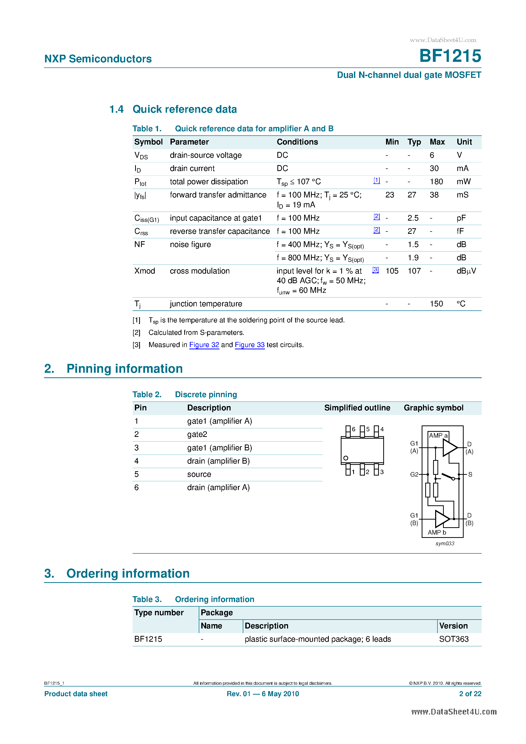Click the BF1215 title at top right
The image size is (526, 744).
450,56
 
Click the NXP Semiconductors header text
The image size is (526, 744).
98,59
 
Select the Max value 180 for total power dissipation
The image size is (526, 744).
436,181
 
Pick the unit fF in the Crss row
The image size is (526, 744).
460,231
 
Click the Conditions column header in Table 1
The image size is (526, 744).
297,142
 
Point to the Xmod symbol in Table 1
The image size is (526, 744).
145,271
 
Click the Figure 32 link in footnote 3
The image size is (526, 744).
204,345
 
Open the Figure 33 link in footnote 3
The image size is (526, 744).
250,345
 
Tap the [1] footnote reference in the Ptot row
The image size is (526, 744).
376,180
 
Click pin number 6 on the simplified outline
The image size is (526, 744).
353,429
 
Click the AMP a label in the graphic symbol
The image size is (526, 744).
438,436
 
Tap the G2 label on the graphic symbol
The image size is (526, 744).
414,474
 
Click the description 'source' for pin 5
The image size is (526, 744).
199,474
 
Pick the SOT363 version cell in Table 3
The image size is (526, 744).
453,639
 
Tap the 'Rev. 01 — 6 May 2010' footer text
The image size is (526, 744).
263,694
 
